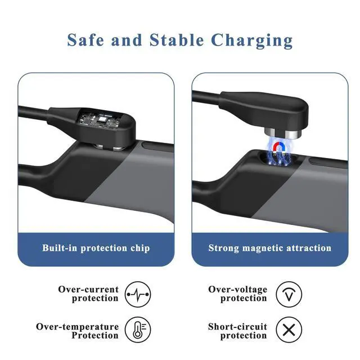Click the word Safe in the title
click(85, 40)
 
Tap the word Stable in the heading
click(177, 40)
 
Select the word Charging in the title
click(252, 41)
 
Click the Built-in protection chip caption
click(96, 248)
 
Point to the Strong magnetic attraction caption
click(270, 248)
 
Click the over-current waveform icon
click(138, 294)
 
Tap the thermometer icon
click(138, 330)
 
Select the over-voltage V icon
click(289, 294)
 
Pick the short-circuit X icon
click(289, 330)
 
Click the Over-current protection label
click(88, 294)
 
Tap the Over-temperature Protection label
click(78, 331)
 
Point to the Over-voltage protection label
click(237, 294)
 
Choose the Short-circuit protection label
click(237, 331)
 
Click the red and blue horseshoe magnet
click(278, 148)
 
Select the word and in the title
click(127, 40)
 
